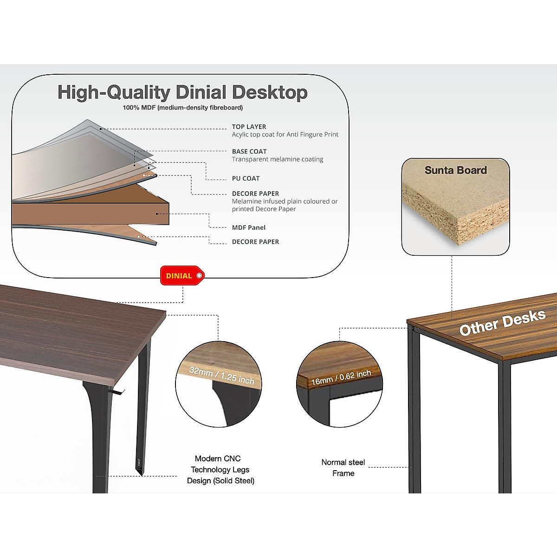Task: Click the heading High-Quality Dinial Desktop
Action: pos(182,92)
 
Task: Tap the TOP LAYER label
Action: pos(249,127)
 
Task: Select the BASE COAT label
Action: pos(249,151)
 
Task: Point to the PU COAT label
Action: pos(246,178)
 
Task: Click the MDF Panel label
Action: pos(249,227)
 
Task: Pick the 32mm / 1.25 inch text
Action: pos(222,376)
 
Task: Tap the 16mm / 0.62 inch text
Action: pos(341,378)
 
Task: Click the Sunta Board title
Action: pos(455,170)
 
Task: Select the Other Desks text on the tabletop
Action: pos(502,323)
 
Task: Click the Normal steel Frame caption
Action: pos(343,467)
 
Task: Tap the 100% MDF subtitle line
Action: pos(182,108)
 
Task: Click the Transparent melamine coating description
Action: pos(278,159)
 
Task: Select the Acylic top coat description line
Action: pos(285,135)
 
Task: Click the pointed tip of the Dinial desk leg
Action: pos(141,473)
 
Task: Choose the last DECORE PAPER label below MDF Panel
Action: pos(255,242)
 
